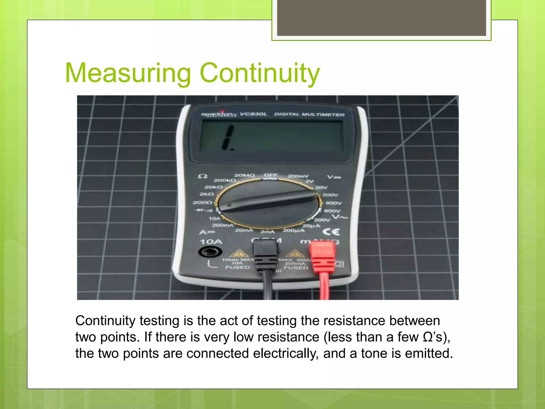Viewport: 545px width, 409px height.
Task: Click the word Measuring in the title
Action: (x=128, y=73)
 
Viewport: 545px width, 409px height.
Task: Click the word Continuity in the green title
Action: (x=259, y=73)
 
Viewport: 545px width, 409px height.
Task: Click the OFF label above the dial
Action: (x=271, y=175)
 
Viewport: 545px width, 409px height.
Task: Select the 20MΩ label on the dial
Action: (x=244, y=175)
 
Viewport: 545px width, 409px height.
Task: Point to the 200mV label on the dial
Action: (x=298, y=176)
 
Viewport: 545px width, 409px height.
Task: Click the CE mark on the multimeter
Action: (x=331, y=232)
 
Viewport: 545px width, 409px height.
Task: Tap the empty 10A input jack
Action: (x=210, y=251)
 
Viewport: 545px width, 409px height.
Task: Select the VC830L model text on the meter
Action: (x=253, y=114)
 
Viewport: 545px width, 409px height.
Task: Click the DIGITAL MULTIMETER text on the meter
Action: (x=309, y=114)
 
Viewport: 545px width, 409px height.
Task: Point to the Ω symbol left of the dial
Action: (x=203, y=176)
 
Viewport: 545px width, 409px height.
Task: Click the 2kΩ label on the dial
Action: (x=207, y=194)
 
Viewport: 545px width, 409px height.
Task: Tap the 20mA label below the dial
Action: (x=244, y=230)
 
